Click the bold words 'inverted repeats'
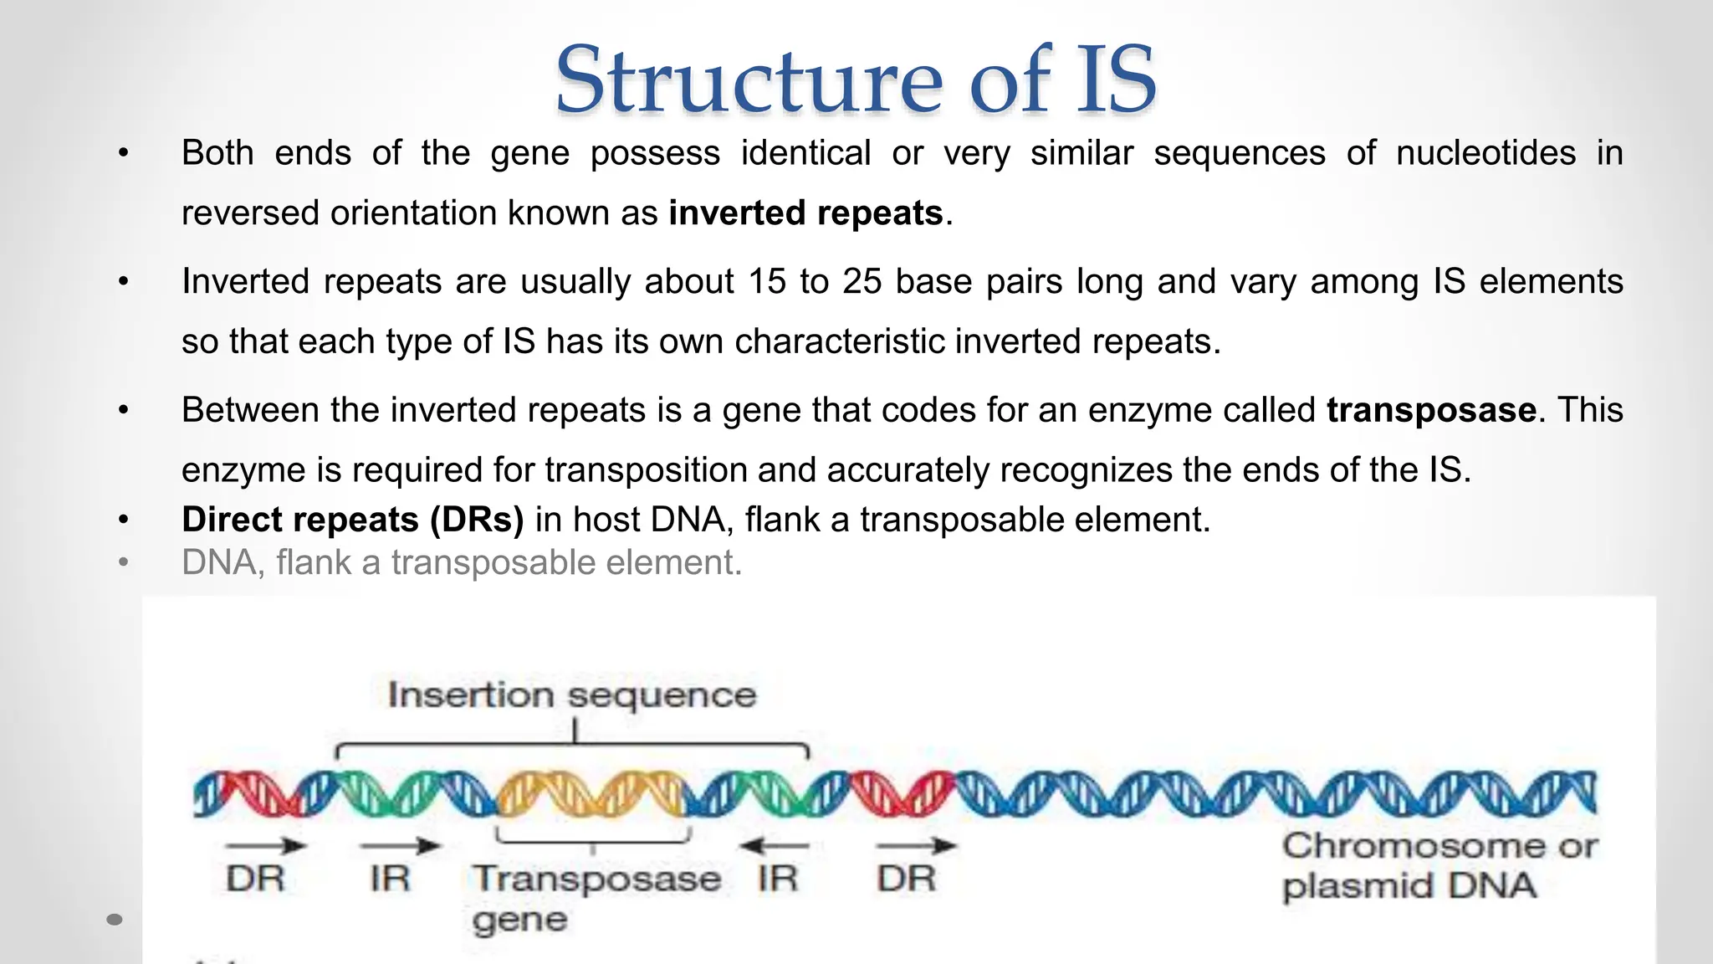coord(805,213)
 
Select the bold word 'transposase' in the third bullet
coord(1431,410)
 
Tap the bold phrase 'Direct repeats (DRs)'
coord(352,520)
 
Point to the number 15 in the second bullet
coord(767,282)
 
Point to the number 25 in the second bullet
coord(862,282)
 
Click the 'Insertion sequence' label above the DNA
coord(572,695)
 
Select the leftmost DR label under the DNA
coord(255,879)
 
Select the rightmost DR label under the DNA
coord(906,879)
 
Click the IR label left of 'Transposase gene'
coord(390,879)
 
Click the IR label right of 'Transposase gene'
coord(778,879)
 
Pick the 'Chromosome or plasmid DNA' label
coord(1439,865)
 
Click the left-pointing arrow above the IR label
coord(774,846)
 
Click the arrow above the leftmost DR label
coord(265,846)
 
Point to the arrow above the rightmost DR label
coord(916,846)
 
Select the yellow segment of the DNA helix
coord(591,793)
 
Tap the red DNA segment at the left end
coord(251,793)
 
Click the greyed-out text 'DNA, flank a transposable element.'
coord(462,562)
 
